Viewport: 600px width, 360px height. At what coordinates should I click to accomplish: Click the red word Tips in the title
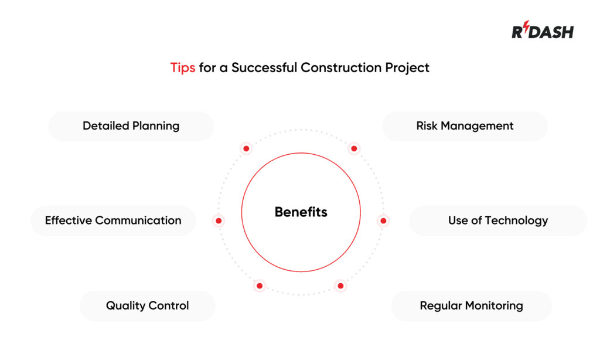coord(183,67)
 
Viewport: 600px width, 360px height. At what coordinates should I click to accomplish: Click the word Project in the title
coord(407,67)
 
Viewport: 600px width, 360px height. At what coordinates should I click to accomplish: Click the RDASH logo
coord(543,31)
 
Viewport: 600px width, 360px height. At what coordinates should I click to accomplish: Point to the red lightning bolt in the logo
coord(526,29)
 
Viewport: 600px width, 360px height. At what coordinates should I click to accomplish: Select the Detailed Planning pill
coord(131,126)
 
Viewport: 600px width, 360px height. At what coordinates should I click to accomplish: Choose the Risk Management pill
coord(465,126)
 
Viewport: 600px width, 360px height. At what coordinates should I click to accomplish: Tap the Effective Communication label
coord(113,220)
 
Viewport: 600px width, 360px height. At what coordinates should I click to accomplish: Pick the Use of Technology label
coord(498,220)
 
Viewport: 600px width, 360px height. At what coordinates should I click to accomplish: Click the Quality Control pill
coord(147,305)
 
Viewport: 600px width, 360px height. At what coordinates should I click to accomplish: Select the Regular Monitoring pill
coord(471,305)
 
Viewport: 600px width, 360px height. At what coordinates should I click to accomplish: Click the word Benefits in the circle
coord(301,212)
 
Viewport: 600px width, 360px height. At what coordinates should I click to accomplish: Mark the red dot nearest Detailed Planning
coord(246,149)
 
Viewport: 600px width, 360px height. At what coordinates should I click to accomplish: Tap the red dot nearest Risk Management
coord(354,149)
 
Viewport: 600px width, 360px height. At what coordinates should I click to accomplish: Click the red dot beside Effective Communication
coord(218,221)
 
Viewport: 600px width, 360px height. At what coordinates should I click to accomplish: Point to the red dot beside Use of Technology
coord(383,221)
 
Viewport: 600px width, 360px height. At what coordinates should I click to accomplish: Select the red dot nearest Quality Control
coord(259,286)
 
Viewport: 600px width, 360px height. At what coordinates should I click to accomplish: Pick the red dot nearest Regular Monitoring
coord(340,286)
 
